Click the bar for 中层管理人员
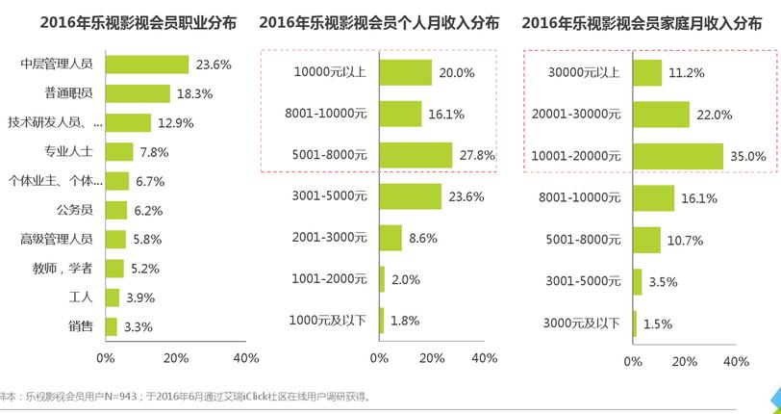(146, 65)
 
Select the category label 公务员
(74, 209)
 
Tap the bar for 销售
(111, 326)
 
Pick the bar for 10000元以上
(406, 72)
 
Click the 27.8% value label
(477, 155)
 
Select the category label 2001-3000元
(328, 238)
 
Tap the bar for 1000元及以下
(382, 321)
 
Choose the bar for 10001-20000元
(678, 156)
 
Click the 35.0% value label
(747, 156)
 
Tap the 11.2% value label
(687, 73)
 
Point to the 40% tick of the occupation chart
(246, 358)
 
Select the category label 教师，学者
(65, 268)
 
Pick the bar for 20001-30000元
(662, 115)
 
